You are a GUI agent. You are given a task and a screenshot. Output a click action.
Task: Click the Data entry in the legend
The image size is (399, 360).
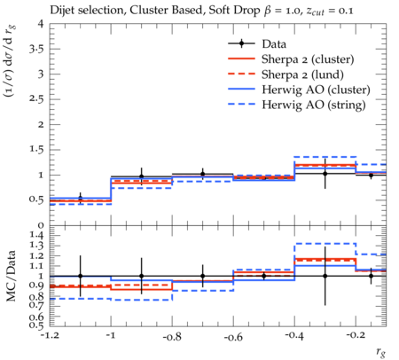coord(274,44)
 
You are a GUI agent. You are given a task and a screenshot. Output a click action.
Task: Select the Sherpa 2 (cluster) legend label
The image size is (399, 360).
coord(308,59)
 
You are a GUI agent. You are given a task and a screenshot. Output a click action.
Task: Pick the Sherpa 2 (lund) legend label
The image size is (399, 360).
coord(302,74)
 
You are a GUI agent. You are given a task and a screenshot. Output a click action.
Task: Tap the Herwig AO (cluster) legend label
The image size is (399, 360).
coord(316,90)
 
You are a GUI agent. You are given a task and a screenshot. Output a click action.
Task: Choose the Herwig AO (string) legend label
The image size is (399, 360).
coord(314,105)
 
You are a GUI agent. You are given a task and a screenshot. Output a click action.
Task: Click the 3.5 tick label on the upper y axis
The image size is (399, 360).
coord(36,49)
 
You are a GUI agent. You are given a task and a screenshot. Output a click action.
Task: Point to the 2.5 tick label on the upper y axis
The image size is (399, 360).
coord(36,99)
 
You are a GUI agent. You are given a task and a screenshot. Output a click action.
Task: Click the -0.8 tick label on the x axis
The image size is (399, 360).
coord(172,337)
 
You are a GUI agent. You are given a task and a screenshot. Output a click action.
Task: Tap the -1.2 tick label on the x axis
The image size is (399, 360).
coord(50,337)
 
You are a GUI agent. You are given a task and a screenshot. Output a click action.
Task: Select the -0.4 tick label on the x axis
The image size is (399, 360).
coord(294,337)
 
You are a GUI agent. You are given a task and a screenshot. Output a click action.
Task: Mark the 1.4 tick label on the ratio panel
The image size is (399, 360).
coord(36,236)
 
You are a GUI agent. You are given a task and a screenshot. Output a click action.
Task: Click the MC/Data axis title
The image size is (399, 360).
coord(12,276)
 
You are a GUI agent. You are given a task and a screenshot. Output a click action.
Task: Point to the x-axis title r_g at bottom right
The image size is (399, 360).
coord(381,352)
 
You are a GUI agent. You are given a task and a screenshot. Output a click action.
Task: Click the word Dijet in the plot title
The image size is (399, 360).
coord(62,10)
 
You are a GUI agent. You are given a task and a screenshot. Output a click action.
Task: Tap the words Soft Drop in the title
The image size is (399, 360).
coord(234,11)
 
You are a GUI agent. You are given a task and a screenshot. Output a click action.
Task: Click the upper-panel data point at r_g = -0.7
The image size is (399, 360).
coord(203,174)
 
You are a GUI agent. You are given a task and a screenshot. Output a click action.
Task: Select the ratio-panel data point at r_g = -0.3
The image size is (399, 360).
coord(325,276)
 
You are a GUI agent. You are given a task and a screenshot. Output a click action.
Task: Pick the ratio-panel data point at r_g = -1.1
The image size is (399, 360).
coord(80,276)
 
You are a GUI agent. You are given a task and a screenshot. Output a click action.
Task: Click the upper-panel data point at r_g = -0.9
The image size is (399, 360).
coord(142,176)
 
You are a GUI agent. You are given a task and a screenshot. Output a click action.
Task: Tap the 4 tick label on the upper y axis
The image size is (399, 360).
coord(41,24)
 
